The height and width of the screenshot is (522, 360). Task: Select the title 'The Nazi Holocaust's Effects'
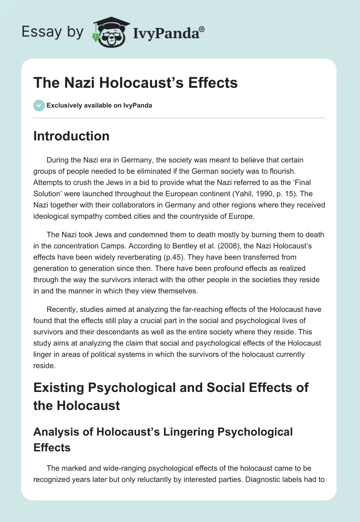coord(135,83)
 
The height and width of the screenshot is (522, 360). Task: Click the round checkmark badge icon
coord(39,105)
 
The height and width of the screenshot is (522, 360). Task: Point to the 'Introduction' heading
coord(72,136)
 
